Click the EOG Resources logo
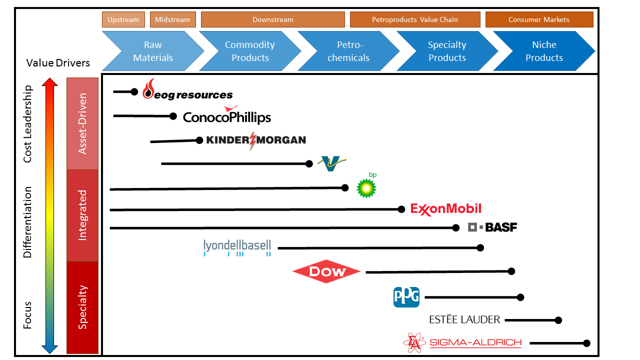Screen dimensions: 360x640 [x=187, y=93]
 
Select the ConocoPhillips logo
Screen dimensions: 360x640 [x=226, y=117]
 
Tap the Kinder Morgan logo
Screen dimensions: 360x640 [x=255, y=140]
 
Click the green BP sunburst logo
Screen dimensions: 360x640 [x=367, y=186]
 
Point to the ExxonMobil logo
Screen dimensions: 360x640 [x=446, y=209]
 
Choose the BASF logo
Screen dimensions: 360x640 [x=492, y=227]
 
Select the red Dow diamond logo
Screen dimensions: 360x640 [x=326, y=271]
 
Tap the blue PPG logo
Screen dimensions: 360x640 [x=407, y=296]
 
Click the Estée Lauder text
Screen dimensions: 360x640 [x=467, y=320]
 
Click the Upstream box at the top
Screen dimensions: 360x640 [x=124, y=20]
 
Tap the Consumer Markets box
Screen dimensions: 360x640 [x=538, y=20]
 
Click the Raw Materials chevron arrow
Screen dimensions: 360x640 [x=150, y=51]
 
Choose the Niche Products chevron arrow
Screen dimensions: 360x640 [x=543, y=51]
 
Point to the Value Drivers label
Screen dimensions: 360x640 [x=58, y=63]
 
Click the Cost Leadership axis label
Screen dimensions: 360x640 [x=27, y=124]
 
